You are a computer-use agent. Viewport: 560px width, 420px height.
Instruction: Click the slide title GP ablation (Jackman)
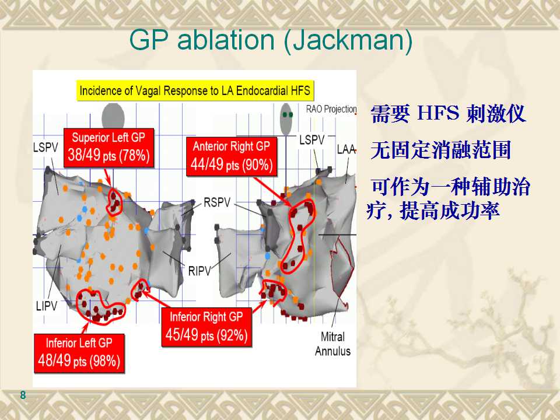(x=271, y=40)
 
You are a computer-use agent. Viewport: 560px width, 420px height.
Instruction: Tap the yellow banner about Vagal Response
(x=195, y=91)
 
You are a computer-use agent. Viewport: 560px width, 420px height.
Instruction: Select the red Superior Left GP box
(x=108, y=148)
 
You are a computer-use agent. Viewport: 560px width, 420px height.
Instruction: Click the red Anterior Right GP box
(x=232, y=156)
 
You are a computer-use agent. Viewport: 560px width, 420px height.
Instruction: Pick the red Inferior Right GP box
(x=206, y=327)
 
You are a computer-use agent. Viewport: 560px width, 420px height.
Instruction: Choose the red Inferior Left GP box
(x=79, y=353)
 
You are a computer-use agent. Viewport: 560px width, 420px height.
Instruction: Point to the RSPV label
(x=217, y=202)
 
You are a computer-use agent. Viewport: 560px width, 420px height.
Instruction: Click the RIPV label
(x=199, y=271)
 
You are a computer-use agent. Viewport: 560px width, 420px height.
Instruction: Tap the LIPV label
(x=47, y=306)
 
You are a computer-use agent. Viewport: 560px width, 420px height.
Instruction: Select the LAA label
(x=346, y=149)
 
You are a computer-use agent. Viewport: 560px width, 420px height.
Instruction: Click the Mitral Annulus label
(x=332, y=344)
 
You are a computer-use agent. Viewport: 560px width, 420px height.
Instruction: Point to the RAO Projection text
(x=331, y=109)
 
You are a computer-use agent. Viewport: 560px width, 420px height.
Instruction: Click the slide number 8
(x=23, y=395)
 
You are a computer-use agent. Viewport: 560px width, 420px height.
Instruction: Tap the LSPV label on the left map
(x=45, y=147)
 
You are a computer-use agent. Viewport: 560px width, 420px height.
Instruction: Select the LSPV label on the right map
(x=311, y=140)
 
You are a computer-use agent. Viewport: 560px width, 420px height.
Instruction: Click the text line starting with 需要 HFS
(x=448, y=114)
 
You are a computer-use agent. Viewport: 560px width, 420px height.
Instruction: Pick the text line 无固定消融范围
(x=440, y=150)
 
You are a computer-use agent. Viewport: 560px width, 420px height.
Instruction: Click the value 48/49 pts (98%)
(x=79, y=360)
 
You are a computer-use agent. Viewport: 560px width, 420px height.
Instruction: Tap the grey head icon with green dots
(x=286, y=119)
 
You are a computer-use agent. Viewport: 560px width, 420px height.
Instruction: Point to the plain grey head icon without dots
(x=113, y=116)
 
